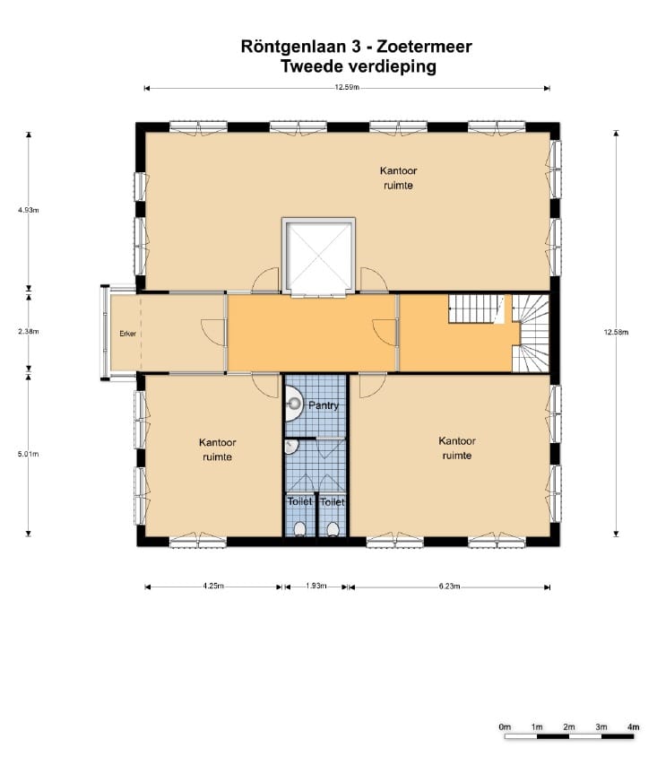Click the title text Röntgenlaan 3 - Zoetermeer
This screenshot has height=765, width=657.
click(x=356, y=46)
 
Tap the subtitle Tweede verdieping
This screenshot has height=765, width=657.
click(x=358, y=66)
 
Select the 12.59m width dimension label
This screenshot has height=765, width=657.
click(x=347, y=88)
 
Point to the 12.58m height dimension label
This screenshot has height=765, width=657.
click(x=617, y=332)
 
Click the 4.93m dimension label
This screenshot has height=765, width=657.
click(x=28, y=210)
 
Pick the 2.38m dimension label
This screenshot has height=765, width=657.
click(x=28, y=332)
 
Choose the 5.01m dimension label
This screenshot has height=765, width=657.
click(x=28, y=455)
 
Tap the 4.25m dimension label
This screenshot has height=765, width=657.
click(x=213, y=587)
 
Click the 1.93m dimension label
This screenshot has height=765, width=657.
click(x=316, y=587)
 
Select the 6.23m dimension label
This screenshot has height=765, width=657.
click(x=449, y=587)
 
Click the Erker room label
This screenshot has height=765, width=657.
click(x=128, y=335)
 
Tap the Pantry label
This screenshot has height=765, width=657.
click(x=324, y=405)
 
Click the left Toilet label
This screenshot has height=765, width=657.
click(x=299, y=502)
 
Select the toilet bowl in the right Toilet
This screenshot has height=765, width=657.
click(x=333, y=528)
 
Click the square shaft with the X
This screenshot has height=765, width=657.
click(x=317, y=256)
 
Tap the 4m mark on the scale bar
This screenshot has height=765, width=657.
click(x=633, y=726)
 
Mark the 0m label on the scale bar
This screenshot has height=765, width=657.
click(x=505, y=726)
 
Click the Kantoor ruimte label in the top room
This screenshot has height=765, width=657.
click(x=398, y=178)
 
